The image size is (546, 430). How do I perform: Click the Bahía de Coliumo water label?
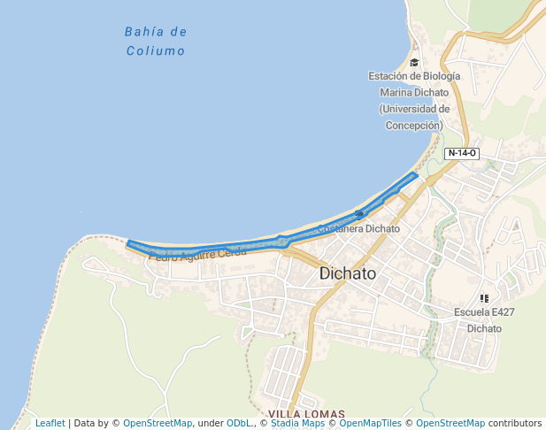(155, 42)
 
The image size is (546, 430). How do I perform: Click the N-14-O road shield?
(462, 153)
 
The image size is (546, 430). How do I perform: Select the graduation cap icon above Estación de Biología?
(414, 62)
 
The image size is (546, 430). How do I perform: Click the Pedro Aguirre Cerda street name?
(197, 255)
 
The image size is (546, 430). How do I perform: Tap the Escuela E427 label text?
(483, 312)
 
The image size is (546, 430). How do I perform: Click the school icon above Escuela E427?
(484, 298)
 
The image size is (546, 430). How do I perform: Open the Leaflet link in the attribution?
(50, 424)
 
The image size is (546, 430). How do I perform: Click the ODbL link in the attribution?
(238, 424)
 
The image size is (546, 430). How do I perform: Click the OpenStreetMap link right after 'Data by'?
(157, 424)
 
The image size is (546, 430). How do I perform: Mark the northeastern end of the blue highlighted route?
(414, 175)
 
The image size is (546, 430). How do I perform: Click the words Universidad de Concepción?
(414, 117)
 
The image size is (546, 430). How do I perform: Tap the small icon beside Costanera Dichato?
(359, 214)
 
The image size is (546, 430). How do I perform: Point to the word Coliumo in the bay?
(156, 51)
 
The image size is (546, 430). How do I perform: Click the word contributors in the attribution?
(514, 424)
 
